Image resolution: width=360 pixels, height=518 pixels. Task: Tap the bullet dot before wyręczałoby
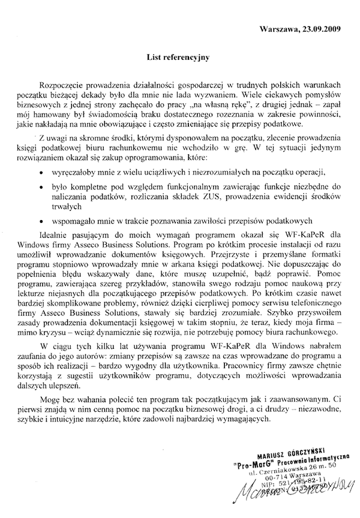(40, 171)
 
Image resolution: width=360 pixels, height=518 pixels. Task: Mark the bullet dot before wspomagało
(40, 220)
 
